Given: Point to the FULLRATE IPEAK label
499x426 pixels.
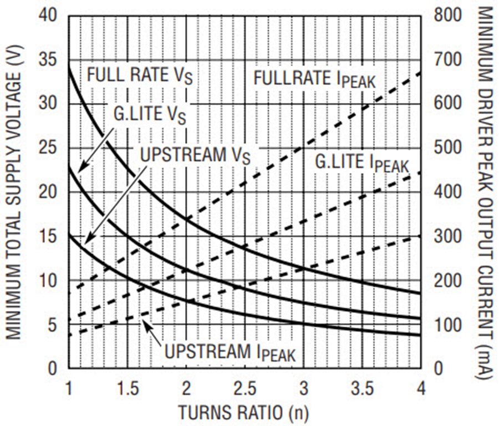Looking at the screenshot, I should [314, 79].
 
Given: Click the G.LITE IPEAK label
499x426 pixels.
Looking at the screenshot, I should [361, 163].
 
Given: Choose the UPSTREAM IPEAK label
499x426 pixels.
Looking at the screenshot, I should [230, 352].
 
